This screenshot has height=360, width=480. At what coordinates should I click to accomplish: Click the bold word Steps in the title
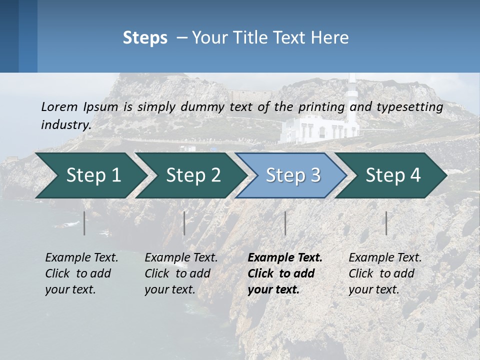[x=145, y=38]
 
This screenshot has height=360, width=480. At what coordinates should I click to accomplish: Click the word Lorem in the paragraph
[x=59, y=106]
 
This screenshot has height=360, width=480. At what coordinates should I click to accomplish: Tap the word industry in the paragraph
[x=66, y=125]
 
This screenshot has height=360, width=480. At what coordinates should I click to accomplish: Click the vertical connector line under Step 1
[x=84, y=223]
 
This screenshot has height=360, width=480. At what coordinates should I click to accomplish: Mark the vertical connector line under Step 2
[x=184, y=223]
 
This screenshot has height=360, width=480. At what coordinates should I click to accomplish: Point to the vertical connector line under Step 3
[x=285, y=223]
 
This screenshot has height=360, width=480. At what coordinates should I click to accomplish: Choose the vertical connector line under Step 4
[x=386, y=223]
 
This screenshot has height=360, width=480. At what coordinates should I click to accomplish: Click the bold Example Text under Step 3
[x=285, y=258]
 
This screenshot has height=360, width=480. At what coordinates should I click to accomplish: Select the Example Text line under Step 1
[x=81, y=258]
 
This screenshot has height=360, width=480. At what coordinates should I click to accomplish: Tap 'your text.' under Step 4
[x=373, y=289]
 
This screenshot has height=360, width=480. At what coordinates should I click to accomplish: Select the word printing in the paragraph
[x=321, y=106]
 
